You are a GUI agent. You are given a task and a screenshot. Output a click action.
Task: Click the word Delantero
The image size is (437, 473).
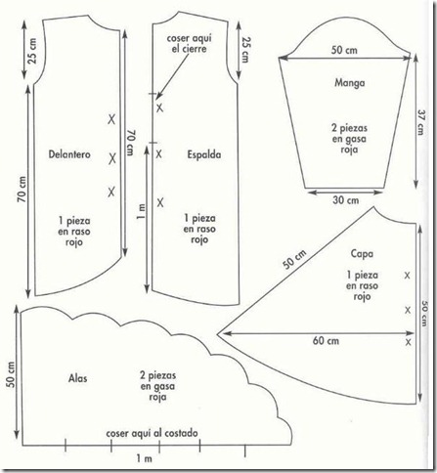click(69, 154)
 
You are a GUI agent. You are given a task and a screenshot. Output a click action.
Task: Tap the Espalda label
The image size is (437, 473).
click(204, 154)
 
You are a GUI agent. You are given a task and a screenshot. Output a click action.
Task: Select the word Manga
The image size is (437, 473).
click(350, 83)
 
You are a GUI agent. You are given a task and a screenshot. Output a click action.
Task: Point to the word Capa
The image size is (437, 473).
click(362, 254)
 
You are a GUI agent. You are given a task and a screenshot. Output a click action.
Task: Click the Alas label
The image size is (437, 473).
click(78, 378)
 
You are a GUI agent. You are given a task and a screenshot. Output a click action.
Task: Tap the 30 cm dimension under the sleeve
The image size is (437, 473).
click(346, 200)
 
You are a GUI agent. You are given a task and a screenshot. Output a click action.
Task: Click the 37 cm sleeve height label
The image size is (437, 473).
click(420, 123)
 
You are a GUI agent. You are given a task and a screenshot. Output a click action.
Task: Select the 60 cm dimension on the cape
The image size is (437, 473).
click(326, 341)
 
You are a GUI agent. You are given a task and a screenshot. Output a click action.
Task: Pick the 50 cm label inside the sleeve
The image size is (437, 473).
click(344, 50)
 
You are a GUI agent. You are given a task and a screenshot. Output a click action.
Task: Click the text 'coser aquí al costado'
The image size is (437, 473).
click(152, 433)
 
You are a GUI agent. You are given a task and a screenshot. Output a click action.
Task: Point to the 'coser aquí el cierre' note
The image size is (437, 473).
click(189, 43)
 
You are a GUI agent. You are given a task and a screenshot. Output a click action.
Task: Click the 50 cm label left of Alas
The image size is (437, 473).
click(11, 374)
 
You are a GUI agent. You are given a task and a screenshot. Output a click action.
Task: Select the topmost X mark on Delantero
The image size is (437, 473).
click(111, 119)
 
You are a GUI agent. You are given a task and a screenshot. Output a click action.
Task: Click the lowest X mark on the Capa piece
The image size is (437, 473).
click(409, 342)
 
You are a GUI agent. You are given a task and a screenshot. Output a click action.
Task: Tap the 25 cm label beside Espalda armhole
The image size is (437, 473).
click(245, 49)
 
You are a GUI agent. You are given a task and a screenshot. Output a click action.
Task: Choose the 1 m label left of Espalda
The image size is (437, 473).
click(142, 212)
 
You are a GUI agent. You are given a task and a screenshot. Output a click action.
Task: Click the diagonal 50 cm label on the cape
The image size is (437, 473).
click(294, 260)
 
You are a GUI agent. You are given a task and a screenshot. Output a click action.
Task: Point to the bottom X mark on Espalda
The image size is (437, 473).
click(160, 203)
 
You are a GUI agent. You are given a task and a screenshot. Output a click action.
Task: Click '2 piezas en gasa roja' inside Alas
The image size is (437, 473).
click(158, 386)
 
